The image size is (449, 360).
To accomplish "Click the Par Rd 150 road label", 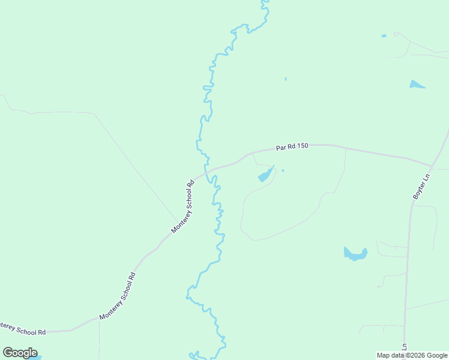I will pos(292,146).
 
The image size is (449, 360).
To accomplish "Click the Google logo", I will pos(20,353).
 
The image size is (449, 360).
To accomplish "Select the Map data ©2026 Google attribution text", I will pos(412,355).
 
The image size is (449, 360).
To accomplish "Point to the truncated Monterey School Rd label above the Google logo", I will pos(23,329).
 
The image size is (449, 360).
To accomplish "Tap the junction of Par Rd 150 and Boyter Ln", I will pos(432,166).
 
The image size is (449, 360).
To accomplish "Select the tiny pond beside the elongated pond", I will pos(283,170).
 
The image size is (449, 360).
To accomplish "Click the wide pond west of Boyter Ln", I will pos(355,254).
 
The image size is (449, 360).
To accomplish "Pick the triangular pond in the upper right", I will pos(416,85).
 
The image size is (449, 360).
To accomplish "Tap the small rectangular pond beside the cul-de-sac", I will pos(384,36).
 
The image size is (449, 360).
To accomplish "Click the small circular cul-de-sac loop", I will pos(396,34).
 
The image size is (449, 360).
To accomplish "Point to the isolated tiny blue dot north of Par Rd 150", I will pos(285,79).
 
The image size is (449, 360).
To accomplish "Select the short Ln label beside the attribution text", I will pos(405,347).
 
